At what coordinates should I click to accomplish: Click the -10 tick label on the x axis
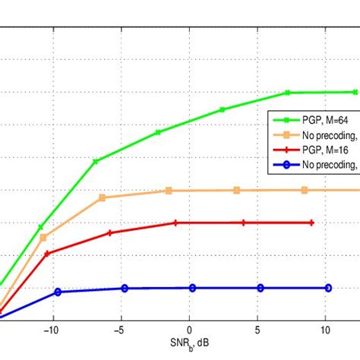pyautogui.click(x=51, y=330)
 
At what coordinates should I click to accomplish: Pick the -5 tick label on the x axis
pyautogui.click(x=120, y=330)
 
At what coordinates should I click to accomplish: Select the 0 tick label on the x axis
pyautogui.click(x=190, y=330)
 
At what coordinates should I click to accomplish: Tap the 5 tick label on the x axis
pyautogui.click(x=258, y=330)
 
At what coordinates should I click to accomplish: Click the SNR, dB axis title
pyautogui.click(x=190, y=346)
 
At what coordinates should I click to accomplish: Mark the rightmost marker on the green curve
pyautogui.click(x=355, y=92)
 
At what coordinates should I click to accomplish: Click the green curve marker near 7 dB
pyautogui.click(x=288, y=93)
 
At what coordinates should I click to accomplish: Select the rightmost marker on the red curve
pyautogui.click(x=312, y=223)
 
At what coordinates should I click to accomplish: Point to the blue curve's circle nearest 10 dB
pyautogui.click(x=328, y=288)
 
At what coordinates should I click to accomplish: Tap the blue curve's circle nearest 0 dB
pyautogui.click(x=192, y=288)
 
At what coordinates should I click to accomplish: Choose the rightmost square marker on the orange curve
pyautogui.click(x=304, y=190)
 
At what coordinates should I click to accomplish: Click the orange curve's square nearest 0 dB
pyautogui.click(x=169, y=191)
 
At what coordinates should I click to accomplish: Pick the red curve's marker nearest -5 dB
pyautogui.click(x=110, y=232)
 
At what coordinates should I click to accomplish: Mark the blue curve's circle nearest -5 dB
pyautogui.click(x=125, y=288)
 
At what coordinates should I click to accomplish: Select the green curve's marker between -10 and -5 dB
pyautogui.click(x=95, y=161)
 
